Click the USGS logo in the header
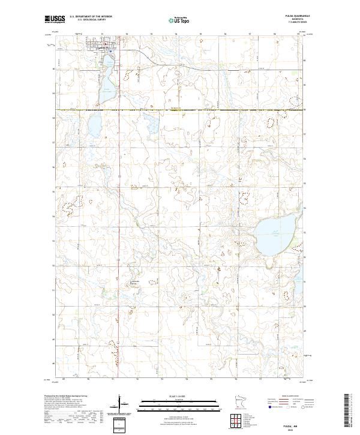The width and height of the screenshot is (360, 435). [55, 19]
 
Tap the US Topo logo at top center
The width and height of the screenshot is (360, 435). [177, 20]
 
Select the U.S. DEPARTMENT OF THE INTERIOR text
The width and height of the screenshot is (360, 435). [91, 17]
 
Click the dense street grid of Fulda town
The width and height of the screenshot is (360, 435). [99, 46]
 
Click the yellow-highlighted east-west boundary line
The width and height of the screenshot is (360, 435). [180, 110]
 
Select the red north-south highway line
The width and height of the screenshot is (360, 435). [118, 180]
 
